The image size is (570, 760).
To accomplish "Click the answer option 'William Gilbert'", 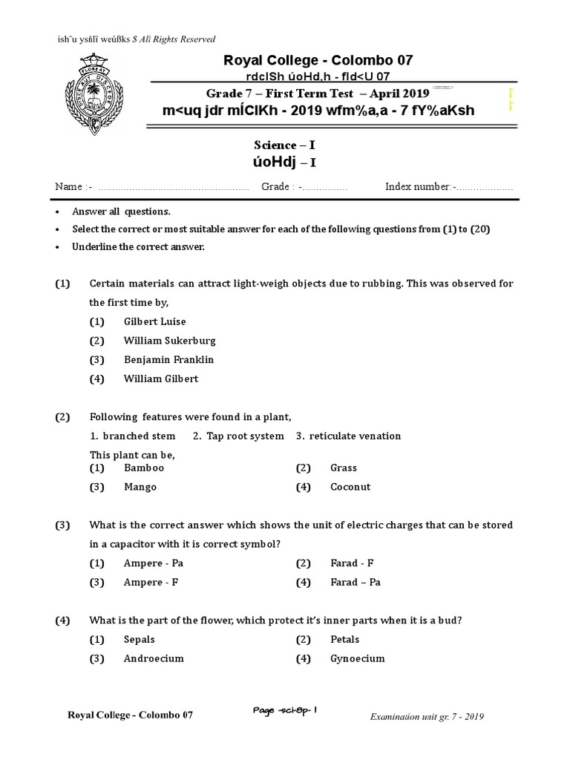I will coord(161,379).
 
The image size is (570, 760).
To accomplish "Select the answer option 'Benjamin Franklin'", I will coord(168,359).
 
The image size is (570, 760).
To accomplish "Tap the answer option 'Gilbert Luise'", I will coord(155,321).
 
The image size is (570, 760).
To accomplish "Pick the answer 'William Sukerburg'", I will coord(170,341).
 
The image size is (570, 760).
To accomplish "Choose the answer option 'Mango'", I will coord(140,487).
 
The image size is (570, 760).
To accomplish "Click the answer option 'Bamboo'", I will coord(144,468).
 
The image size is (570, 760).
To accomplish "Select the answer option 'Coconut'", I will coord(350,487).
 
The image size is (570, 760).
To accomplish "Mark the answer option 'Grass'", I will coord(344,468).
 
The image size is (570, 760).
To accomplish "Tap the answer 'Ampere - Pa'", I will coord(154,563).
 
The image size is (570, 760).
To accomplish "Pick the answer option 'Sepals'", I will coord(140,639).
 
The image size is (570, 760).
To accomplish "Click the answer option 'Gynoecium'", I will coord(357,658).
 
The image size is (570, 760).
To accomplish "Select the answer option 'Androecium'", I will coord(154,658).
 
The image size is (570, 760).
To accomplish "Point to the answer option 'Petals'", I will coord(344,639).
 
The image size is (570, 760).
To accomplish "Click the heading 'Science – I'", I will coord(285,145).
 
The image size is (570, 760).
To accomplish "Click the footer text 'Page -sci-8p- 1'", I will coord(285,712).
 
